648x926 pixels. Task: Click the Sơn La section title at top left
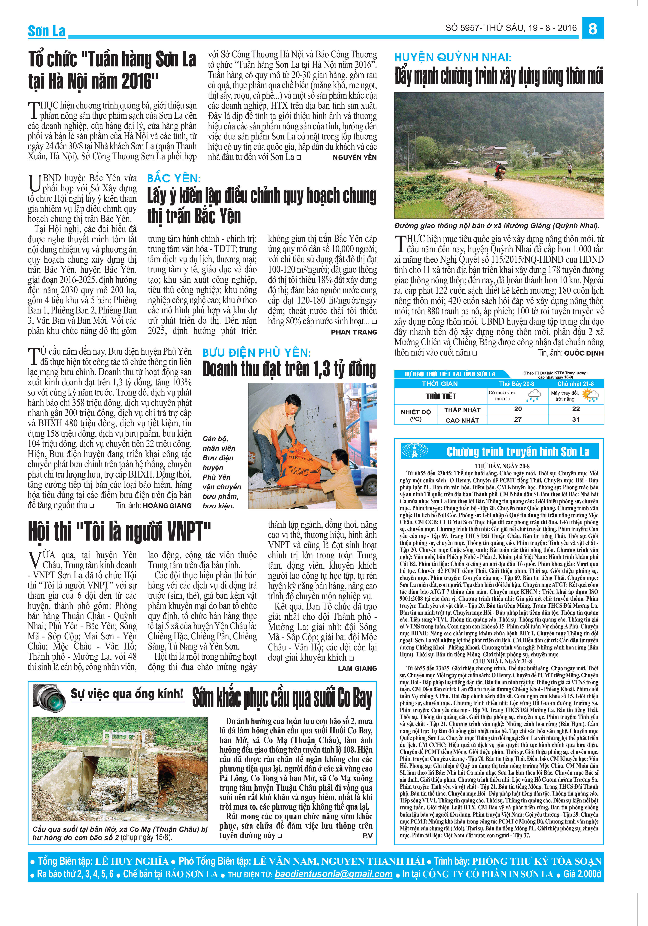pos(46,31)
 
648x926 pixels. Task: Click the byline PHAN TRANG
pos(354,332)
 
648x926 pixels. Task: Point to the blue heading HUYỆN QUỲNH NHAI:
pos(452,57)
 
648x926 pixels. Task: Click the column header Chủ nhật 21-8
pos(575,384)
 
